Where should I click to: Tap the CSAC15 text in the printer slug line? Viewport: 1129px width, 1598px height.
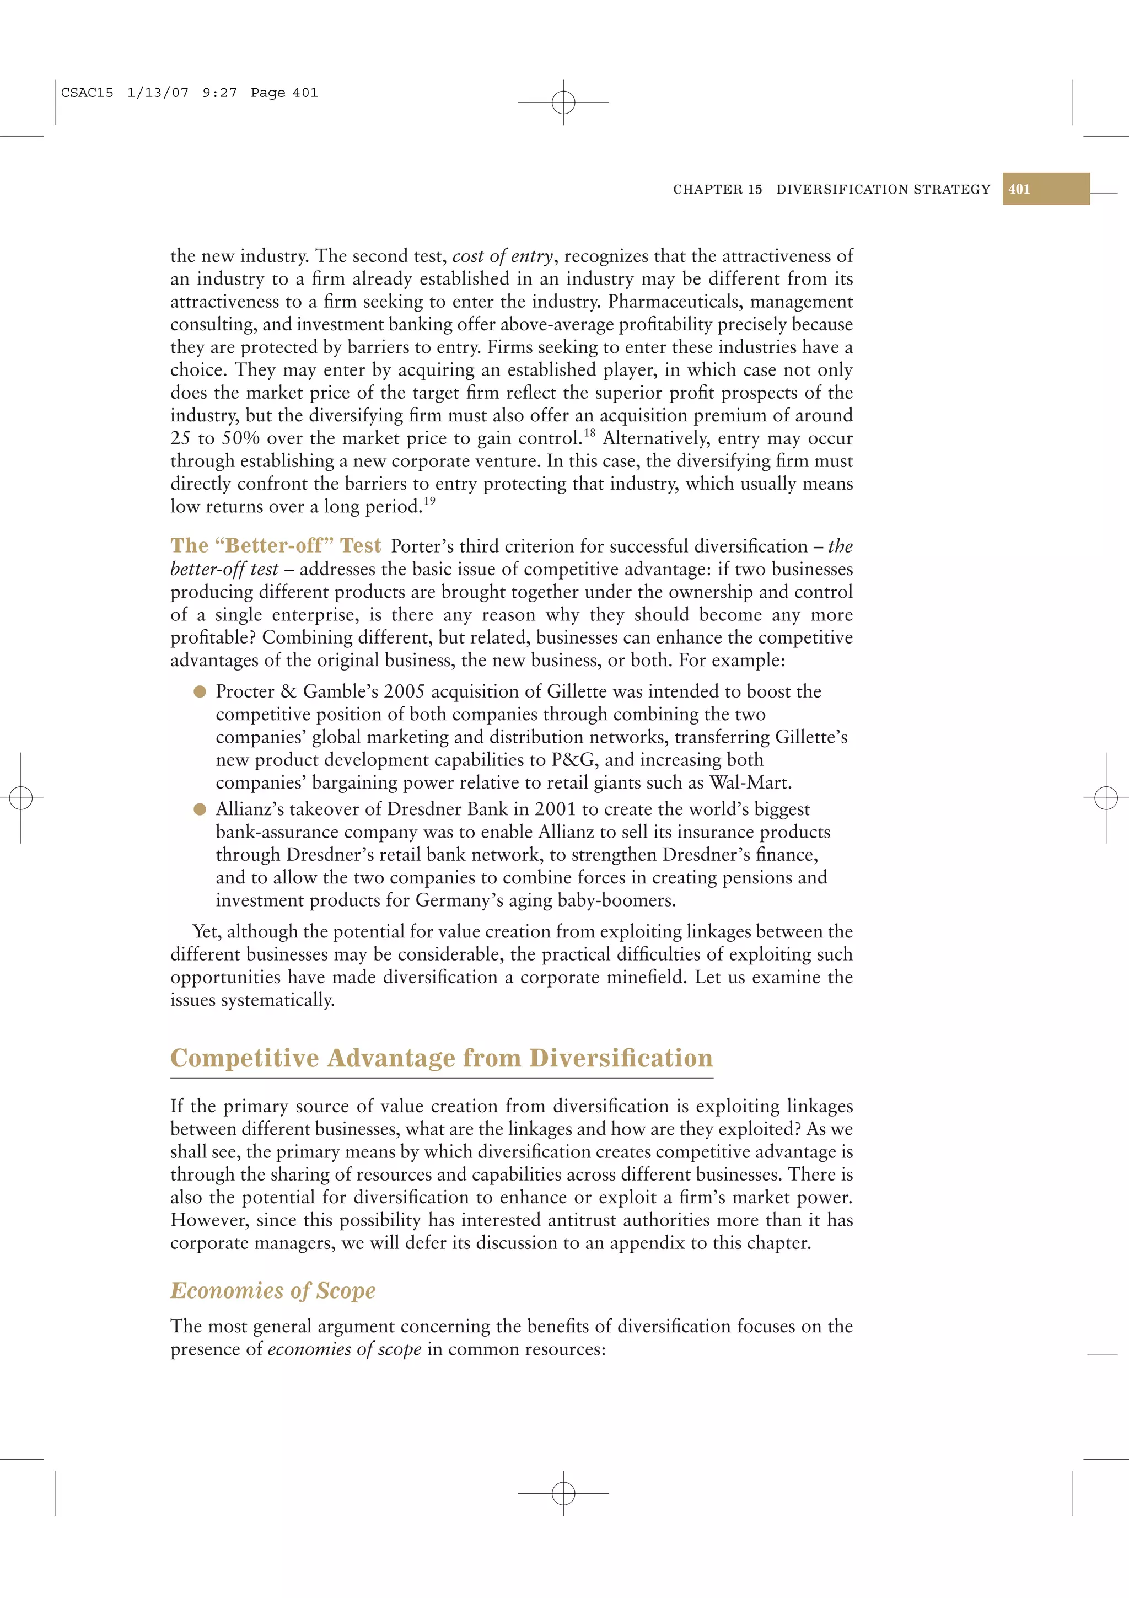[x=87, y=93]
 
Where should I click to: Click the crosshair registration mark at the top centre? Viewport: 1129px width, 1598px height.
[x=563, y=103]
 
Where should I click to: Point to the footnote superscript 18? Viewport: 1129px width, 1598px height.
[x=590, y=432]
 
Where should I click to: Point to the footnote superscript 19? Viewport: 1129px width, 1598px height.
[x=429, y=501]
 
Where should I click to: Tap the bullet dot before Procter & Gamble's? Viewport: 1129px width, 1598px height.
[x=200, y=691]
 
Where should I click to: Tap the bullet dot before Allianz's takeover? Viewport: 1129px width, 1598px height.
[x=200, y=809]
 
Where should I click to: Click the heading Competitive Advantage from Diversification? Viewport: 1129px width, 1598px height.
[x=441, y=1058]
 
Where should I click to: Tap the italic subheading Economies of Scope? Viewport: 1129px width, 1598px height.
[x=273, y=1290]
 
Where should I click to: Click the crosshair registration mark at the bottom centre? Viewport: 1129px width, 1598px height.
[x=563, y=1493]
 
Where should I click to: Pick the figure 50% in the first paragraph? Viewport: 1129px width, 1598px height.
[x=241, y=438]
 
